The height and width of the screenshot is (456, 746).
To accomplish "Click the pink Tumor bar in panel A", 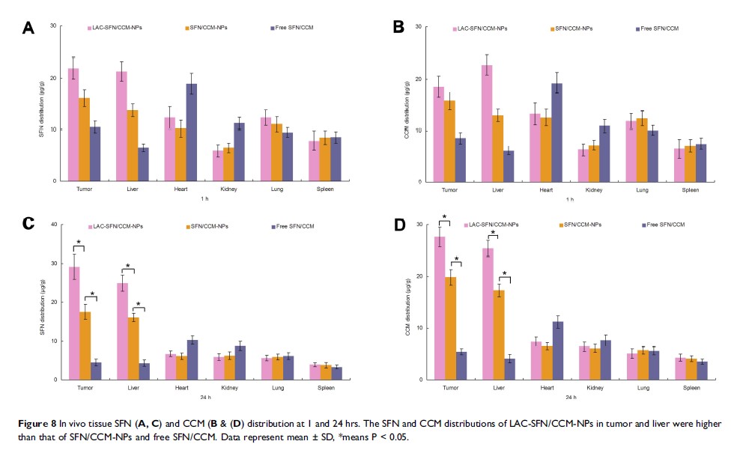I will point(73,124).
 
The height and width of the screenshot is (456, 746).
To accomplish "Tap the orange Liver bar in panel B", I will point(498,148).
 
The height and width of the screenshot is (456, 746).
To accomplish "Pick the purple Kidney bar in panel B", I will point(604,153).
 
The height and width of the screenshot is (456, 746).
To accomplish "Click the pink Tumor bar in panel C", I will point(73,323).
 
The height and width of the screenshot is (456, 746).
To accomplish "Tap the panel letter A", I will point(28,28).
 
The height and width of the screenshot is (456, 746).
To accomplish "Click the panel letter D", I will point(398,225).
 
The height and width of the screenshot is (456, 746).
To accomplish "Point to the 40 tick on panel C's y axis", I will point(54,225).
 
